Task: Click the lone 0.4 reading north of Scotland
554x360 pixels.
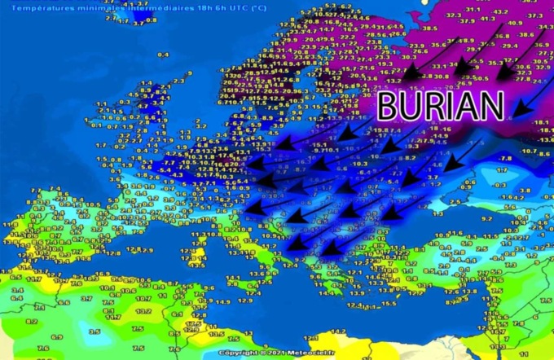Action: (x=162, y=55)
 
